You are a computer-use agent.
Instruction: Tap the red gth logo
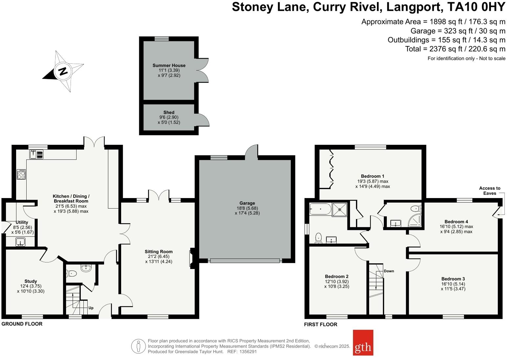click(363, 343)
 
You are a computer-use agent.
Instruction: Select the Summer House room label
click(169, 65)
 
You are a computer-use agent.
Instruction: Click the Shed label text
click(169, 112)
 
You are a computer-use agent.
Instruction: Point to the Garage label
click(247, 203)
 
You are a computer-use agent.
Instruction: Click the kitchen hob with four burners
click(21, 174)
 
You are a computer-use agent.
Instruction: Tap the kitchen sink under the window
click(36, 154)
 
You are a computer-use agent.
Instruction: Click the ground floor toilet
click(71, 273)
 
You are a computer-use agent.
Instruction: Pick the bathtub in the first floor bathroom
click(320, 209)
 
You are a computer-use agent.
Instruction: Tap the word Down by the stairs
click(389, 271)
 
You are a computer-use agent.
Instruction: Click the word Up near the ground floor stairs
click(91, 308)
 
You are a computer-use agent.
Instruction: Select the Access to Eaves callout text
click(490, 191)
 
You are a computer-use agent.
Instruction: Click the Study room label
click(31, 281)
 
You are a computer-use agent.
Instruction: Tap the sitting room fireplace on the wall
click(191, 259)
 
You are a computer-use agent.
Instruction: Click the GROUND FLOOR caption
click(22, 324)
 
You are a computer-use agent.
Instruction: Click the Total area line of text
click(455, 49)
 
